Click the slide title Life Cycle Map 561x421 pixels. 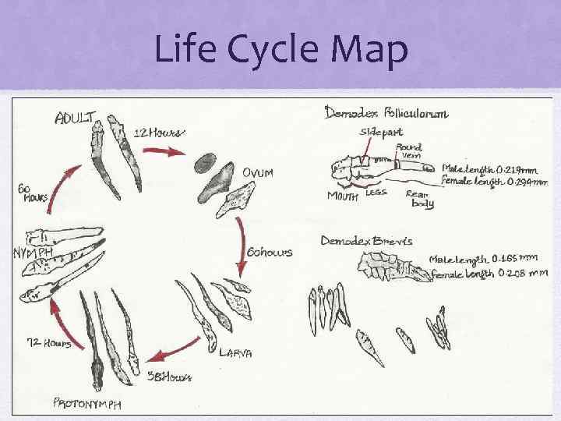pyautogui.click(x=280, y=50)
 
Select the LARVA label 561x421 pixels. pyautogui.click(x=235, y=352)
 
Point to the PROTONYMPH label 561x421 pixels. pyautogui.click(x=87, y=403)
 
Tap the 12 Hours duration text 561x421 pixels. pyautogui.click(x=159, y=132)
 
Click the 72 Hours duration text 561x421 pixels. pyautogui.click(x=49, y=342)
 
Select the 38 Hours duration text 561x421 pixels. pyautogui.click(x=169, y=377)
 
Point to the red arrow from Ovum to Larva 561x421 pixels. pyautogui.click(x=243, y=248)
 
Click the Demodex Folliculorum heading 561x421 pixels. pyautogui.click(x=386, y=114)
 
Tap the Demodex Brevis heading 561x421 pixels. pyautogui.click(x=367, y=241)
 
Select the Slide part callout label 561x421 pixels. pyautogui.click(x=376, y=133)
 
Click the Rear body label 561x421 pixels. pyautogui.click(x=421, y=199)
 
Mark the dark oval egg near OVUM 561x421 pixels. pyautogui.click(x=205, y=163)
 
